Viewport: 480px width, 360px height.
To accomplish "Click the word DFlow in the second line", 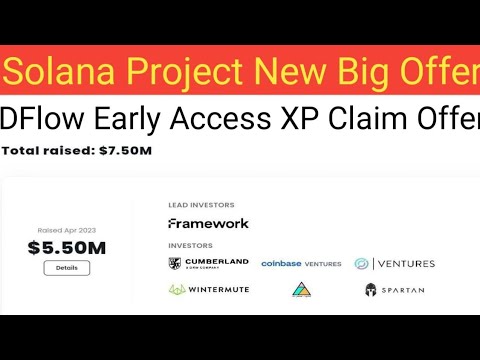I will (x=43, y=119).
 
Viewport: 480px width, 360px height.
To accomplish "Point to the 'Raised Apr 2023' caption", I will (x=66, y=229).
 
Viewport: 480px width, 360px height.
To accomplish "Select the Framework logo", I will (x=208, y=223).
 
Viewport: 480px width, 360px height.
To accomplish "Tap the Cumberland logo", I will (x=208, y=263).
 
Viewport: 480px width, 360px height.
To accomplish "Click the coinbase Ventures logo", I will (x=301, y=264).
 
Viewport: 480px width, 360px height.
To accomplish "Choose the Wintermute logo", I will (x=208, y=290).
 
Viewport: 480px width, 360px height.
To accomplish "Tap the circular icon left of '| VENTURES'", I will (x=361, y=264).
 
